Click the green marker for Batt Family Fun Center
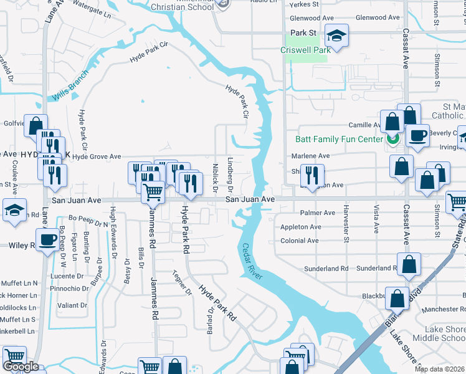[x=392, y=139]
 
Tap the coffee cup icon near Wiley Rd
[x=47, y=240]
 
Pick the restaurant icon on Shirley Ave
[x=313, y=176]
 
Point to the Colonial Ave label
[x=300, y=241]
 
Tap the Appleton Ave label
[x=300, y=227]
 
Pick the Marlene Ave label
[x=311, y=156]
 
